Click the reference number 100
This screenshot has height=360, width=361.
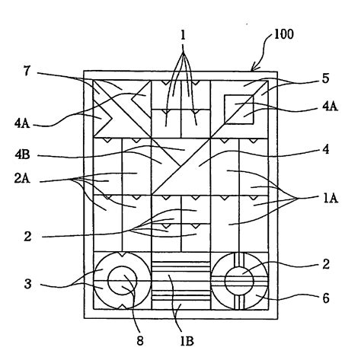284,34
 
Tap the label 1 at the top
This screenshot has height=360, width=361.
183,36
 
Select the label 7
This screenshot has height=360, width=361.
27,71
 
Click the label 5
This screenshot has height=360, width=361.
325,78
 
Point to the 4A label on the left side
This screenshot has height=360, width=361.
22,124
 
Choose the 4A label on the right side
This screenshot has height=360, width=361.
330,107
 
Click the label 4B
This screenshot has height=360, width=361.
22,155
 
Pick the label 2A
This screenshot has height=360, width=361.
22,178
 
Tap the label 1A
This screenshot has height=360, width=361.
331,199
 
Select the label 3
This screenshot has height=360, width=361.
28,284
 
